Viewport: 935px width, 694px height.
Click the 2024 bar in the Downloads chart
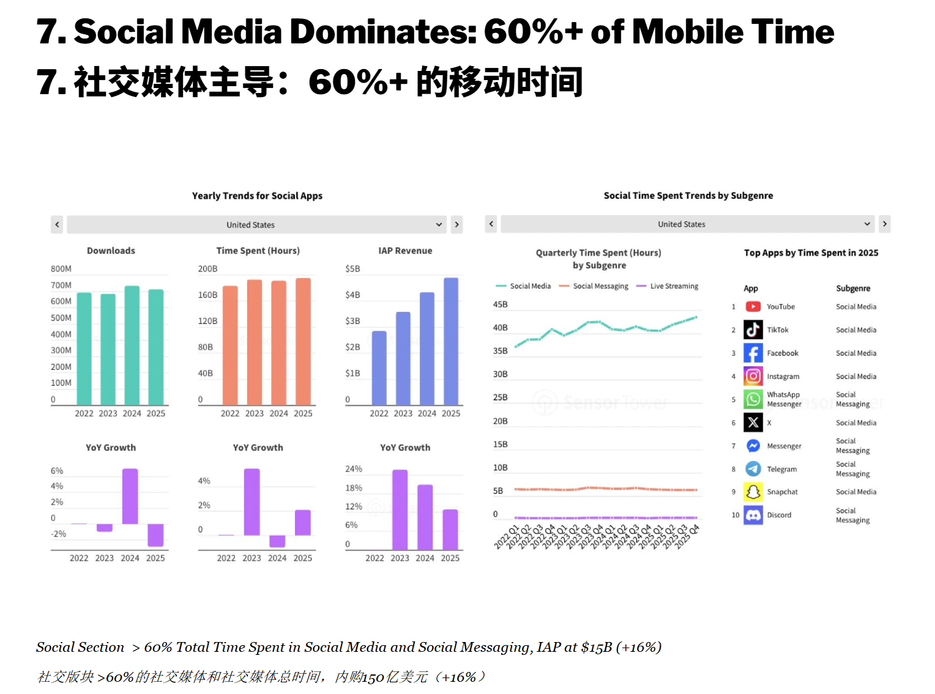click(x=132, y=345)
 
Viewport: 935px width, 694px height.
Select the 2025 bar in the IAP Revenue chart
click(x=450, y=341)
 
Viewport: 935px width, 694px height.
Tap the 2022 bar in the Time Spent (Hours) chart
click(x=229, y=345)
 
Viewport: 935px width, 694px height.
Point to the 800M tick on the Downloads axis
click(x=61, y=269)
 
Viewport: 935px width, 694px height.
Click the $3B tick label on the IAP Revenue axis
click(x=352, y=320)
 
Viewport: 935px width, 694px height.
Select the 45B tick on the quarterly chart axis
click(x=500, y=305)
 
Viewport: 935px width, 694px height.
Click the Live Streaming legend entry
click(x=667, y=286)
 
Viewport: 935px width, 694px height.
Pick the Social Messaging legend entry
click(x=593, y=286)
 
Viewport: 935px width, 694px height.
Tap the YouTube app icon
click(x=753, y=306)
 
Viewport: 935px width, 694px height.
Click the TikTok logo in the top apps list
click(x=753, y=330)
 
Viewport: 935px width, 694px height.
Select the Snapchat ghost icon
click(x=753, y=492)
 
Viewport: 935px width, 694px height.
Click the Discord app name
click(x=778, y=515)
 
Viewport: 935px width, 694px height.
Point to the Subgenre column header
click(x=853, y=288)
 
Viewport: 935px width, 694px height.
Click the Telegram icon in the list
click(x=753, y=468)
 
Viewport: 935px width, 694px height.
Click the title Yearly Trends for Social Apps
click(x=257, y=196)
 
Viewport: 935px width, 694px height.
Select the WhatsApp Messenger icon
click(x=753, y=399)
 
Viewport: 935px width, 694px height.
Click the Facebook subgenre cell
click(x=855, y=353)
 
